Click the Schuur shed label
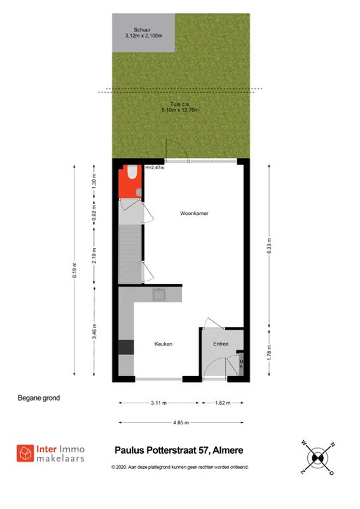(x=142, y=29)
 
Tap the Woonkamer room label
(x=194, y=213)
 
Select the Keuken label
(x=163, y=344)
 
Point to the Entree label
(x=221, y=344)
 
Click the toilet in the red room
(x=132, y=172)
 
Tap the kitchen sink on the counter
(x=159, y=295)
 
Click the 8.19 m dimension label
(x=74, y=270)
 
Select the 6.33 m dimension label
(x=269, y=246)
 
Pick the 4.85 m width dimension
(x=181, y=422)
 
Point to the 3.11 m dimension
(x=159, y=403)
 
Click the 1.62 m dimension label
(x=223, y=403)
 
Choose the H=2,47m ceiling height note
(x=155, y=168)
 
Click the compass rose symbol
(x=318, y=457)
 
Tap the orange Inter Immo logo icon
(x=25, y=453)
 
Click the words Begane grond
(x=39, y=398)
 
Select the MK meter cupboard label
(x=241, y=364)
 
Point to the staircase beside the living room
(x=130, y=254)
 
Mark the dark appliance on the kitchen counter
(x=126, y=347)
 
